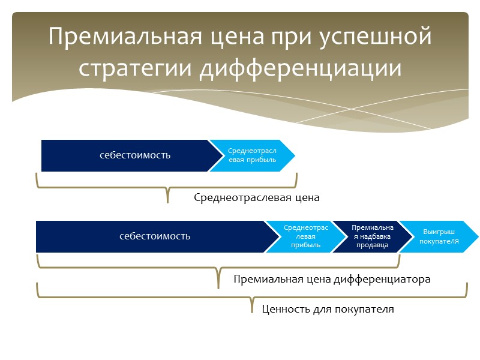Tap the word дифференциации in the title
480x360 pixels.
[301, 68]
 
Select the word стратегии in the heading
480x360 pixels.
[136, 68]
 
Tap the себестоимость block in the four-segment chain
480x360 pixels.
[155, 236]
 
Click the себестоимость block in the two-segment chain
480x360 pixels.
[135, 155]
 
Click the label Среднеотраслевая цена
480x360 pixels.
[257, 197]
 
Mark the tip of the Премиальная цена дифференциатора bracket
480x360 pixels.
[218, 287]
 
